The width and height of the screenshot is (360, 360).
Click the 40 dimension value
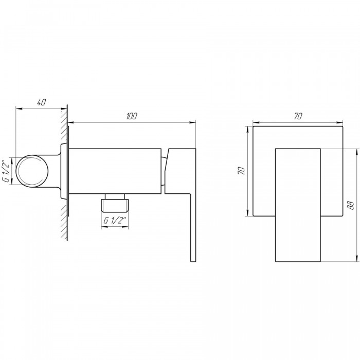42,102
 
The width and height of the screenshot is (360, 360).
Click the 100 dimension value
132,116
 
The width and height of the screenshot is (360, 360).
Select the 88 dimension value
350,205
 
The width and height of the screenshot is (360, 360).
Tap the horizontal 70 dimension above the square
298,116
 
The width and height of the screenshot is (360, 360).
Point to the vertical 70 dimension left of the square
242,171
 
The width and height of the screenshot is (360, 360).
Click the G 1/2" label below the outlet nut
115,221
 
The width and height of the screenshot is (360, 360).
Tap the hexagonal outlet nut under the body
115,205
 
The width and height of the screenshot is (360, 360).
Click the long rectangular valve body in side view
115,171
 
